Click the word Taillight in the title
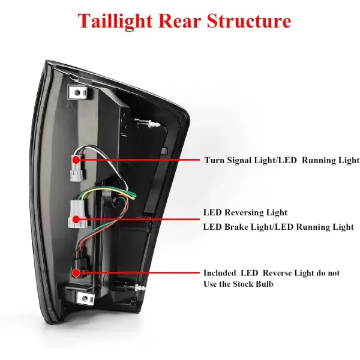pos(115,22)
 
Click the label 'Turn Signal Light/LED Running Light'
pos(281,160)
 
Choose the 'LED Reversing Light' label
pos(245,212)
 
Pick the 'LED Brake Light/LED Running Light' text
pos(278,227)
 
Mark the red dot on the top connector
pos(77,160)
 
